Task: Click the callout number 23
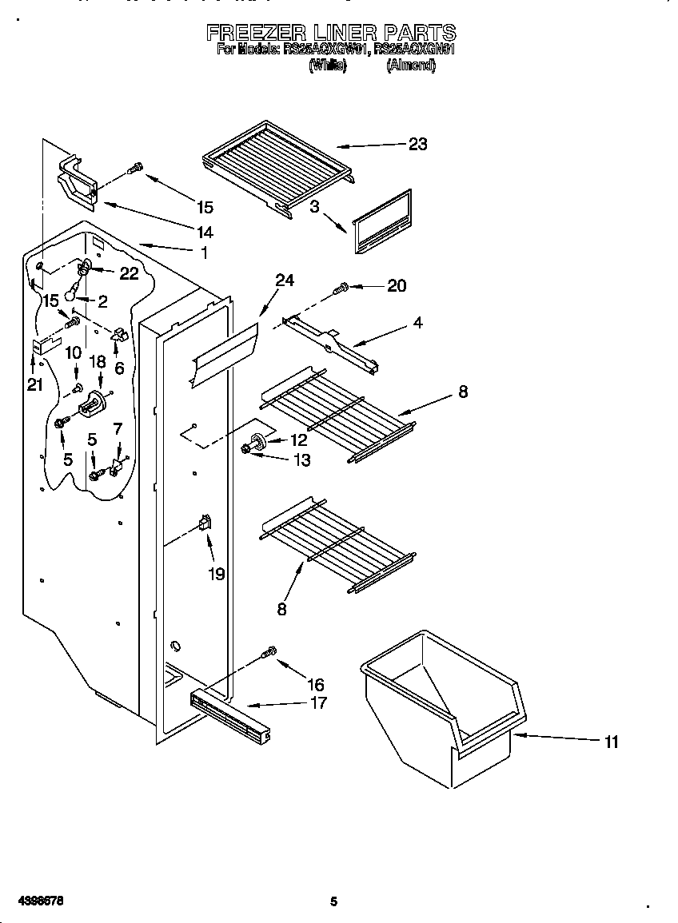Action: pyautogui.click(x=417, y=144)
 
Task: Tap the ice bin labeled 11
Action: pyautogui.click(x=440, y=711)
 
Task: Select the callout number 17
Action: pyautogui.click(x=318, y=703)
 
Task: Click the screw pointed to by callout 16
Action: pyautogui.click(x=269, y=653)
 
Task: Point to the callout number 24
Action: pyautogui.click(x=285, y=280)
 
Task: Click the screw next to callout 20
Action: pyautogui.click(x=343, y=286)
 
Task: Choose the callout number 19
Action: pyautogui.click(x=217, y=574)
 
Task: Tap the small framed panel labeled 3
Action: pyautogui.click(x=382, y=221)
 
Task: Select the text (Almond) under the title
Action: pyautogui.click(x=411, y=67)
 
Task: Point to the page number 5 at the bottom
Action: pyautogui.click(x=334, y=901)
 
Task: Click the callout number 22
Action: pyautogui.click(x=129, y=273)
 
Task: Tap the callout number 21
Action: pyautogui.click(x=34, y=385)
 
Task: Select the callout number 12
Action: pyautogui.click(x=297, y=440)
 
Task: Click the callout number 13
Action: pyautogui.click(x=301, y=460)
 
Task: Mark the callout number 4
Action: pyautogui.click(x=418, y=324)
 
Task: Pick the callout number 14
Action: pyautogui.click(x=205, y=233)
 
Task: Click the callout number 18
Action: pyautogui.click(x=98, y=362)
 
